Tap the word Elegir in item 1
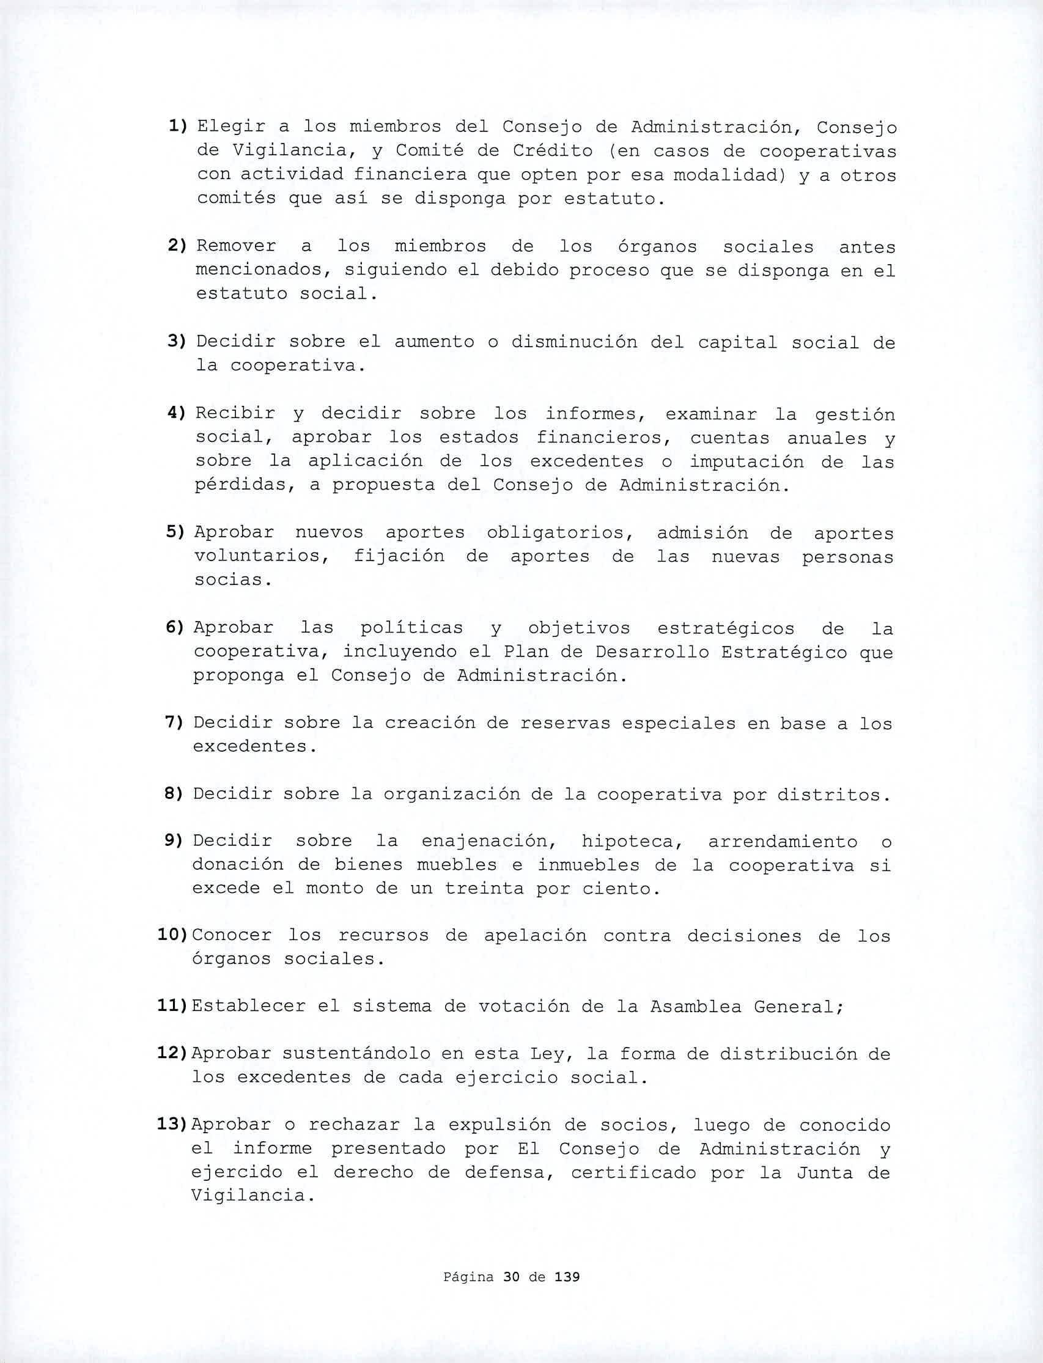(x=232, y=128)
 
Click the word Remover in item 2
(x=236, y=246)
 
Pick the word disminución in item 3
(x=573, y=343)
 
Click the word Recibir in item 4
(x=235, y=414)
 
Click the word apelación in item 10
(x=534, y=936)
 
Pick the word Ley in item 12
(x=547, y=1054)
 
